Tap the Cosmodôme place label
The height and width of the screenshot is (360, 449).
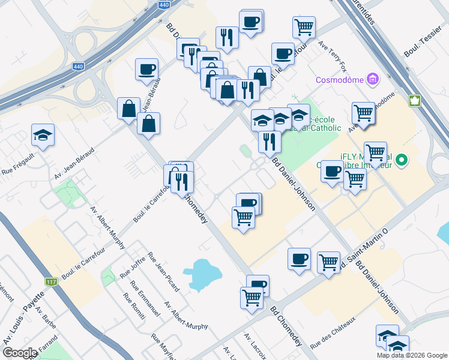340,79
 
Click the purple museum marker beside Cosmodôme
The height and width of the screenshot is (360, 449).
373,79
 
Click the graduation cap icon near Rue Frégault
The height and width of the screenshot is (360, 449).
43,135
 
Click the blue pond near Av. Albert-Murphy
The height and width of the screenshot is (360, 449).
205,275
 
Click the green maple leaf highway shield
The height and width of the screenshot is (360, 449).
414,101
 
